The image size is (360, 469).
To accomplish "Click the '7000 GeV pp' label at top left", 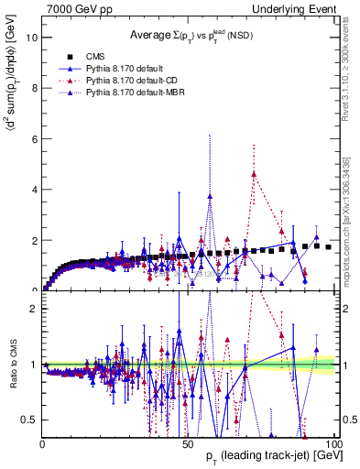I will [74, 8].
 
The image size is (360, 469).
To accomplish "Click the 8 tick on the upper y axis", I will [34, 89].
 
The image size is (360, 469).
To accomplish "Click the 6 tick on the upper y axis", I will [34, 139].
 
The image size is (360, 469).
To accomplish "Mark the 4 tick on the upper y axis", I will [34, 190].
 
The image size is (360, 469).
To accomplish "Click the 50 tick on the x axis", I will [188, 443].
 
